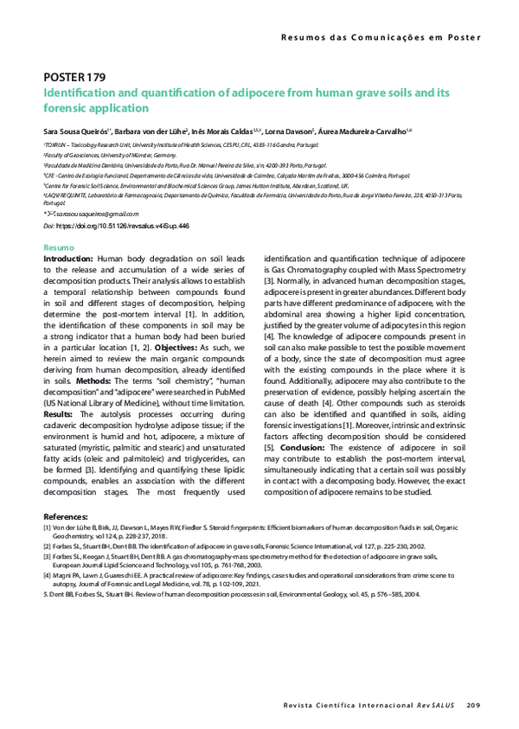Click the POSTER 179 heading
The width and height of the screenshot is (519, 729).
point(74,77)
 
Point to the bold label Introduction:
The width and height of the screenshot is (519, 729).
point(68,259)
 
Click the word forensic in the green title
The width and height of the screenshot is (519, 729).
point(65,108)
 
